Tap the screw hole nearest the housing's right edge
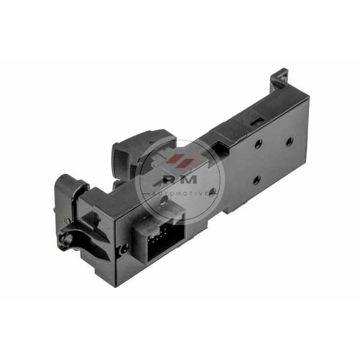tap(289, 141)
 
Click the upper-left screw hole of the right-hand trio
tap(259, 144)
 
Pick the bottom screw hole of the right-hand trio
tap(256, 180)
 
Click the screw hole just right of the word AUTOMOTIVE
tap(213, 191)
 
